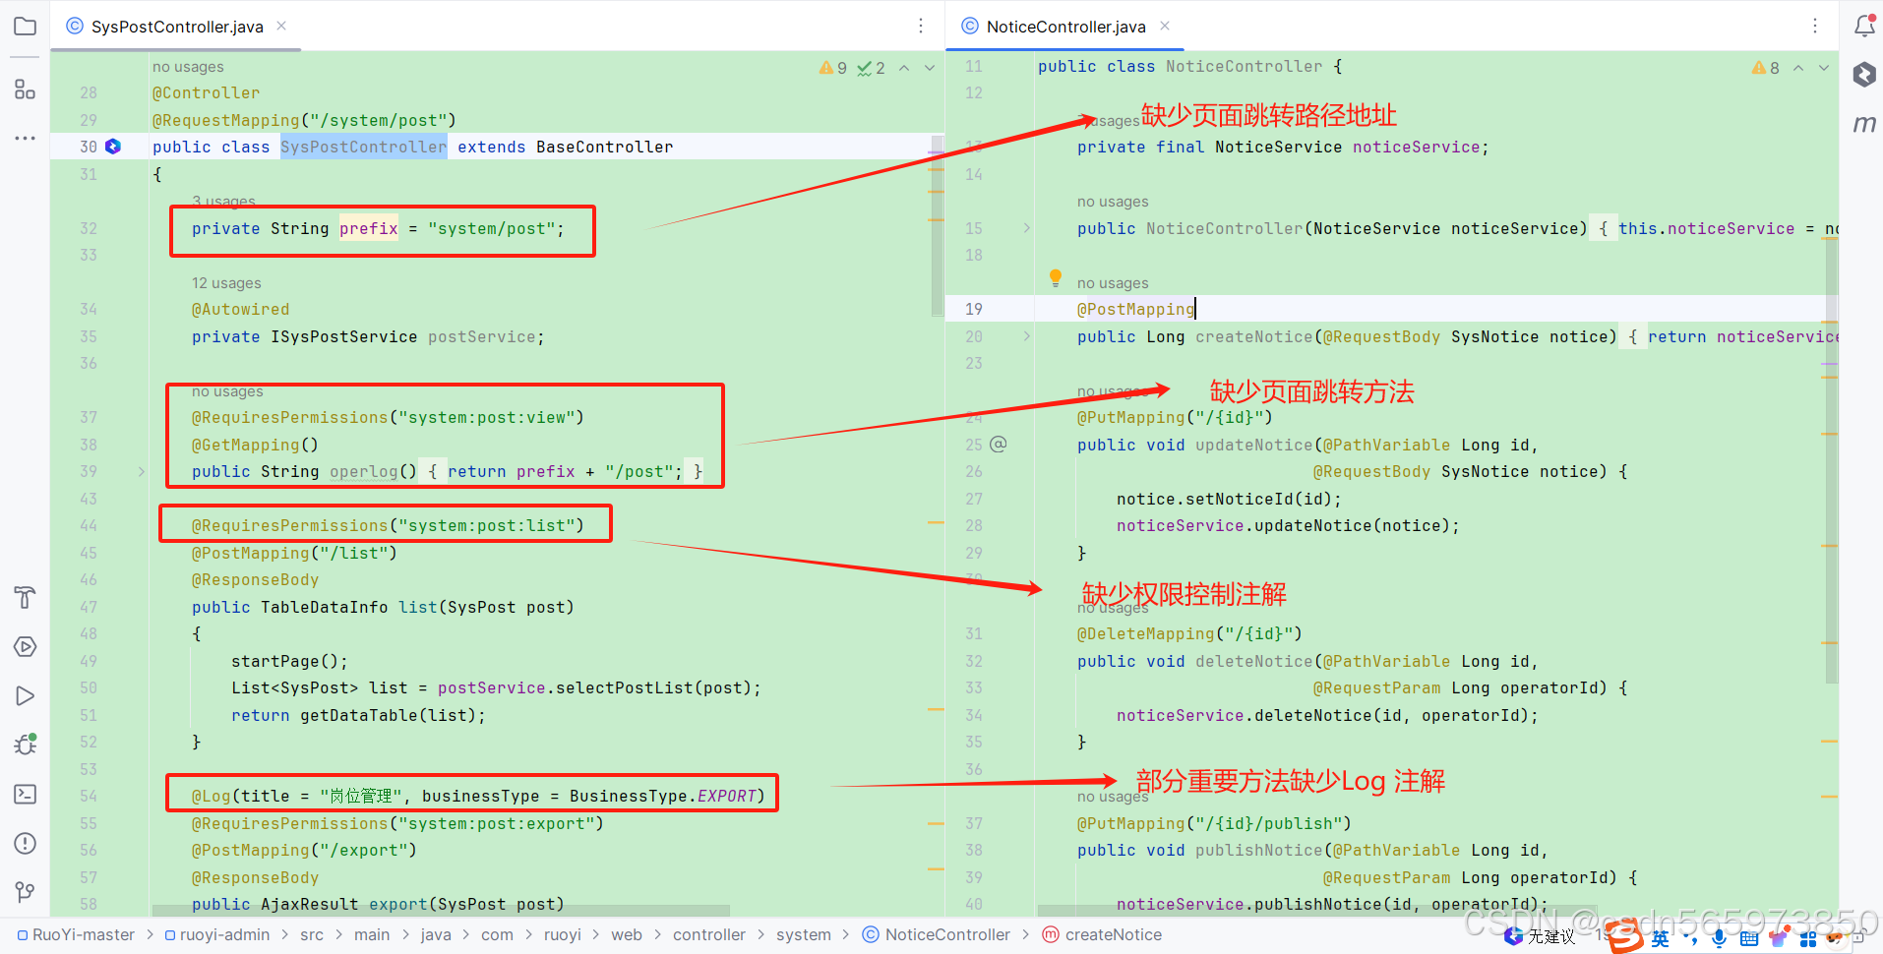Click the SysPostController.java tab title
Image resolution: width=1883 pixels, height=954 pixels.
pyautogui.click(x=177, y=27)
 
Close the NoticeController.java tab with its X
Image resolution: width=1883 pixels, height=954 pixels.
pyautogui.click(x=1165, y=26)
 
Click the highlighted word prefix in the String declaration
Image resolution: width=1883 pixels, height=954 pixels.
pyautogui.click(x=369, y=228)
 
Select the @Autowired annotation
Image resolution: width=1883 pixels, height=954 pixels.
pyautogui.click(x=240, y=309)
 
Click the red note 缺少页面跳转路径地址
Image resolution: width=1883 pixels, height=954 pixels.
pyautogui.click(x=1268, y=115)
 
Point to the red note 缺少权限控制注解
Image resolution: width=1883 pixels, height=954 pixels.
pyautogui.click(x=1184, y=594)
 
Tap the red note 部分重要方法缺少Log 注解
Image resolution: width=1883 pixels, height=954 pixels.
pyautogui.click(x=1290, y=781)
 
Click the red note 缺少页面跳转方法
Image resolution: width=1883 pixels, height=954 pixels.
pyautogui.click(x=1311, y=391)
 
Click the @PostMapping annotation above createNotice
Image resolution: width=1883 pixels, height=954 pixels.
pyautogui.click(x=1135, y=309)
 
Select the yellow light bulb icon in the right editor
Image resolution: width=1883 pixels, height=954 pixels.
pyautogui.click(x=1056, y=277)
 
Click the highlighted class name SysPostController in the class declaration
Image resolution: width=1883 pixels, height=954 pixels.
pyautogui.click(x=363, y=147)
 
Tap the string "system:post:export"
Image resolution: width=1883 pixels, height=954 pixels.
pyautogui.click(x=501, y=823)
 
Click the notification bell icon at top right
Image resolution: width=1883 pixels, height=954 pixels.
pyautogui.click(x=1864, y=26)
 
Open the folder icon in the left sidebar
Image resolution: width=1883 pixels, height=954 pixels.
pyautogui.click(x=25, y=27)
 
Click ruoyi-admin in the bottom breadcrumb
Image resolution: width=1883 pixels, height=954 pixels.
pyautogui.click(x=223, y=934)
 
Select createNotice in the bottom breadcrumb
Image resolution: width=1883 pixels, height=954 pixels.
pyautogui.click(x=1113, y=934)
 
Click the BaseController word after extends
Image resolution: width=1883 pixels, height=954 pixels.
pyautogui.click(x=604, y=147)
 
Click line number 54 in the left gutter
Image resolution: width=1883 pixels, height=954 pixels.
pyautogui.click(x=89, y=796)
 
